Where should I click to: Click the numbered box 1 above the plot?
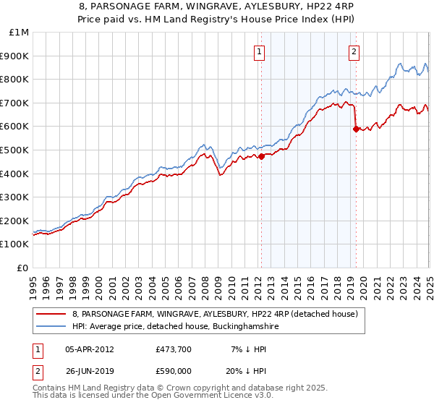pyautogui.click(x=259, y=51)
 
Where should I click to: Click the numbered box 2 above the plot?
pyautogui.click(x=354, y=51)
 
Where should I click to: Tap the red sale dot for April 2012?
pyautogui.click(x=261, y=155)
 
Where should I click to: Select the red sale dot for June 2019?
pyautogui.click(x=356, y=129)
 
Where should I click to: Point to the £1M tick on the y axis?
pyautogui.click(x=20, y=33)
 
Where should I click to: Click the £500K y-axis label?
pyautogui.click(x=15, y=150)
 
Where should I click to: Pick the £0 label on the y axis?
pyautogui.click(x=23, y=268)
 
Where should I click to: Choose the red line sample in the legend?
pyautogui.click(x=50, y=315)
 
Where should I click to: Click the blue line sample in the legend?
pyautogui.click(x=50, y=327)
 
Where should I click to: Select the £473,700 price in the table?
pyautogui.click(x=174, y=349)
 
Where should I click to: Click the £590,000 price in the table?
pyautogui.click(x=174, y=370)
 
